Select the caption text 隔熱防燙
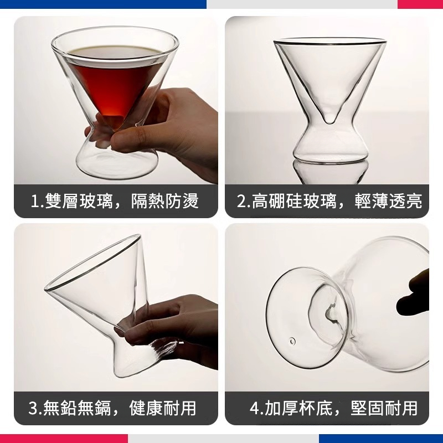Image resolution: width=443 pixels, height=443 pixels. (x=164, y=201)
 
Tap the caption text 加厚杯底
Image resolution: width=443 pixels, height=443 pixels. (x=299, y=409)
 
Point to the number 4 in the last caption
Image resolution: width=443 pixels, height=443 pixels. (x=255, y=409)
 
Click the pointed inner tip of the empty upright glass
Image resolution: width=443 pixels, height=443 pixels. (x=330, y=119)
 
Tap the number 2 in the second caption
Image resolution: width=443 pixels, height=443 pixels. (x=241, y=201)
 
